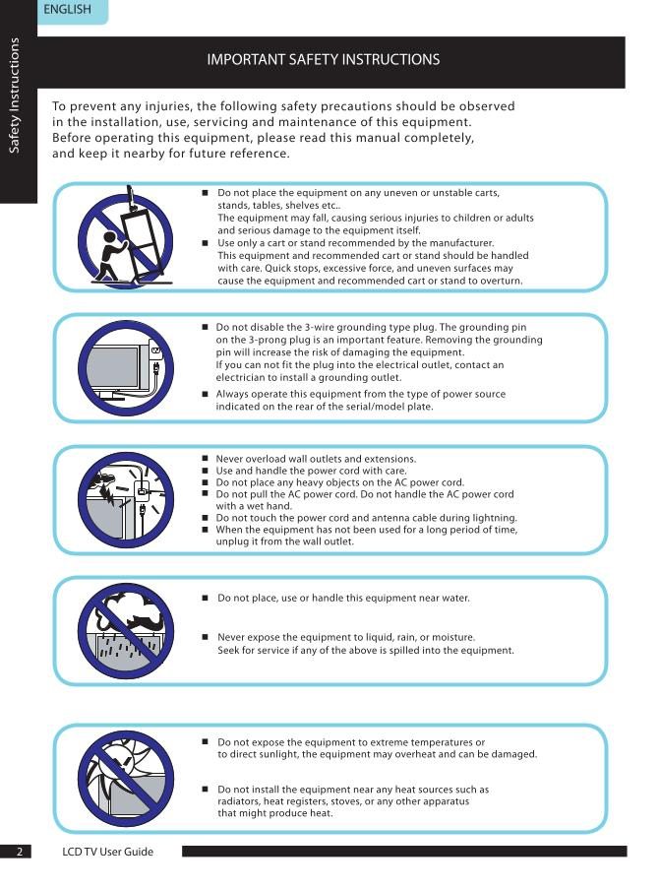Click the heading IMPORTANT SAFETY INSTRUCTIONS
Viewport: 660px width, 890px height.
tap(323, 60)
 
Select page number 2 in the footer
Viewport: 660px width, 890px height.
tap(17, 851)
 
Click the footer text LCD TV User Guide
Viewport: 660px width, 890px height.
tap(107, 851)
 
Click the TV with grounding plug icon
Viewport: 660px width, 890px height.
tap(126, 365)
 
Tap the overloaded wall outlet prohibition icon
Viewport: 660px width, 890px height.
tap(126, 499)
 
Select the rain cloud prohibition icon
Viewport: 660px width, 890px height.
tap(126, 631)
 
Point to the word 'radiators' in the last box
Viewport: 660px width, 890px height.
tap(241, 801)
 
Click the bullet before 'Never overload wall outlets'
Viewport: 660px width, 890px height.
tap(206, 459)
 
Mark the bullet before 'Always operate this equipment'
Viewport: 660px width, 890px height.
tap(206, 394)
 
